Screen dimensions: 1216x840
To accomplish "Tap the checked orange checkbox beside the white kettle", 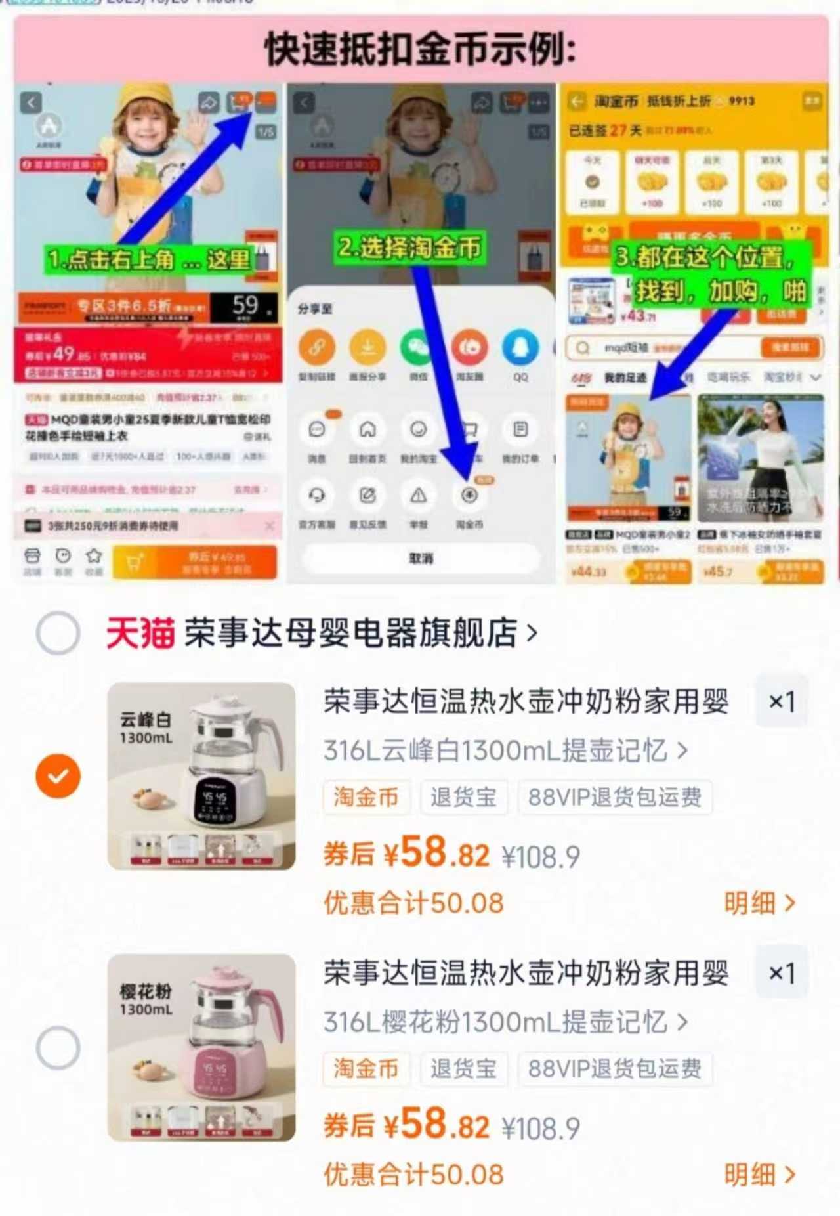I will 58,776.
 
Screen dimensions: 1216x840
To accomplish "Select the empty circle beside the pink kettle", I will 58,1047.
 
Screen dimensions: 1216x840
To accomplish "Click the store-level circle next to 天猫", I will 58,633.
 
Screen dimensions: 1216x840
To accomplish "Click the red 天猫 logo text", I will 140,634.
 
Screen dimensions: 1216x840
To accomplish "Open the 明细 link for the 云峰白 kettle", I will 759,903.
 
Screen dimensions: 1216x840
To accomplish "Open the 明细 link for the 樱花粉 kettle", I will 759,1175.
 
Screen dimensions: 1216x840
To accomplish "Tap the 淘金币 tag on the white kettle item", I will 366,797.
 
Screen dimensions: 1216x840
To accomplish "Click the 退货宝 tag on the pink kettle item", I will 463,1069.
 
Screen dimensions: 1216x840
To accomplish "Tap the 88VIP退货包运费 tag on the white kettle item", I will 614,797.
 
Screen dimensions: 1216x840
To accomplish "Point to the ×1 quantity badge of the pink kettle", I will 781,973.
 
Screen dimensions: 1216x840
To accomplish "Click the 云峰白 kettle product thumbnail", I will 201,776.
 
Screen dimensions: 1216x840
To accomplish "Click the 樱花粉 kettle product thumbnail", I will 201,1047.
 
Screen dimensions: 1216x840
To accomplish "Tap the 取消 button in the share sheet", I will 421,558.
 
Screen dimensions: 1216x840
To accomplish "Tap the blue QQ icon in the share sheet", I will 520,349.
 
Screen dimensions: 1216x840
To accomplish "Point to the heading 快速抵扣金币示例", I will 420,49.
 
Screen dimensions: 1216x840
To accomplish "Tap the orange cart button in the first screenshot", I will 194,563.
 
